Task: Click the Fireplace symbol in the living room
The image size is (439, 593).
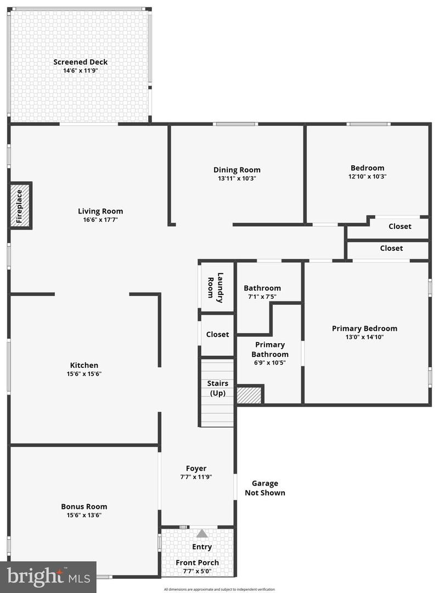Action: coord(21,206)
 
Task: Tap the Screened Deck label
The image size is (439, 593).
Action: coord(80,62)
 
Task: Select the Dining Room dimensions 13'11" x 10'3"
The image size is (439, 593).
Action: coord(237,178)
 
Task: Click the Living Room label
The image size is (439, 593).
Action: coord(100,211)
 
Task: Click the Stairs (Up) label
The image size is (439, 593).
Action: coord(217,388)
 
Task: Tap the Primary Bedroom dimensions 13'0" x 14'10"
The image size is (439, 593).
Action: coord(364,337)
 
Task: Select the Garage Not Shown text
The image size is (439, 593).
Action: coord(265,488)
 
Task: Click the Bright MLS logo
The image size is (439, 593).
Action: coord(48,577)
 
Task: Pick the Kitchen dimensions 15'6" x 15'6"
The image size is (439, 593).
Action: coord(84,374)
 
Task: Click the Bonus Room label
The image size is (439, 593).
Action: coord(84,506)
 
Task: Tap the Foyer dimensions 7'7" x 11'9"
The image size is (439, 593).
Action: coord(196,477)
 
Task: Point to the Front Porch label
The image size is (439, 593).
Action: coord(197,562)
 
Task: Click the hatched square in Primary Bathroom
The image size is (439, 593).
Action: coord(249,395)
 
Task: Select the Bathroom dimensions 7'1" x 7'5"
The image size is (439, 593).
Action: coord(262,296)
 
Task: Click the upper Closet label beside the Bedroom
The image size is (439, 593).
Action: coord(400,226)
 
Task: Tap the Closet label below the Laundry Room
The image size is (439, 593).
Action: coord(217,334)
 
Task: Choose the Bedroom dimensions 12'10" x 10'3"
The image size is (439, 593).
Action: coord(367,177)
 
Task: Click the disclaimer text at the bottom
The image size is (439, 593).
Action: coord(219,589)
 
